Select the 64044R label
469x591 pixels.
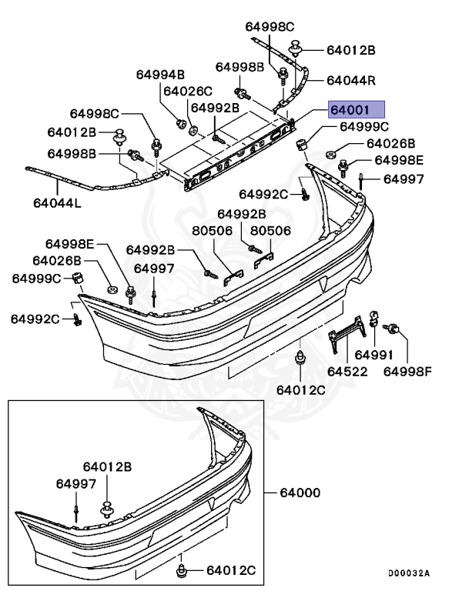point(350,80)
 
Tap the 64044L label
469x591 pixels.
point(57,205)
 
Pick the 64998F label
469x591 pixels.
point(407,372)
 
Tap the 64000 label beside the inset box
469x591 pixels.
point(300,492)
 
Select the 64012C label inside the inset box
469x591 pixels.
point(230,570)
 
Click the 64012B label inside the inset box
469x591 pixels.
point(108,466)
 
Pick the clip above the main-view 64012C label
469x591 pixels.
point(300,357)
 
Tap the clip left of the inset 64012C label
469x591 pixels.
point(183,570)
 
